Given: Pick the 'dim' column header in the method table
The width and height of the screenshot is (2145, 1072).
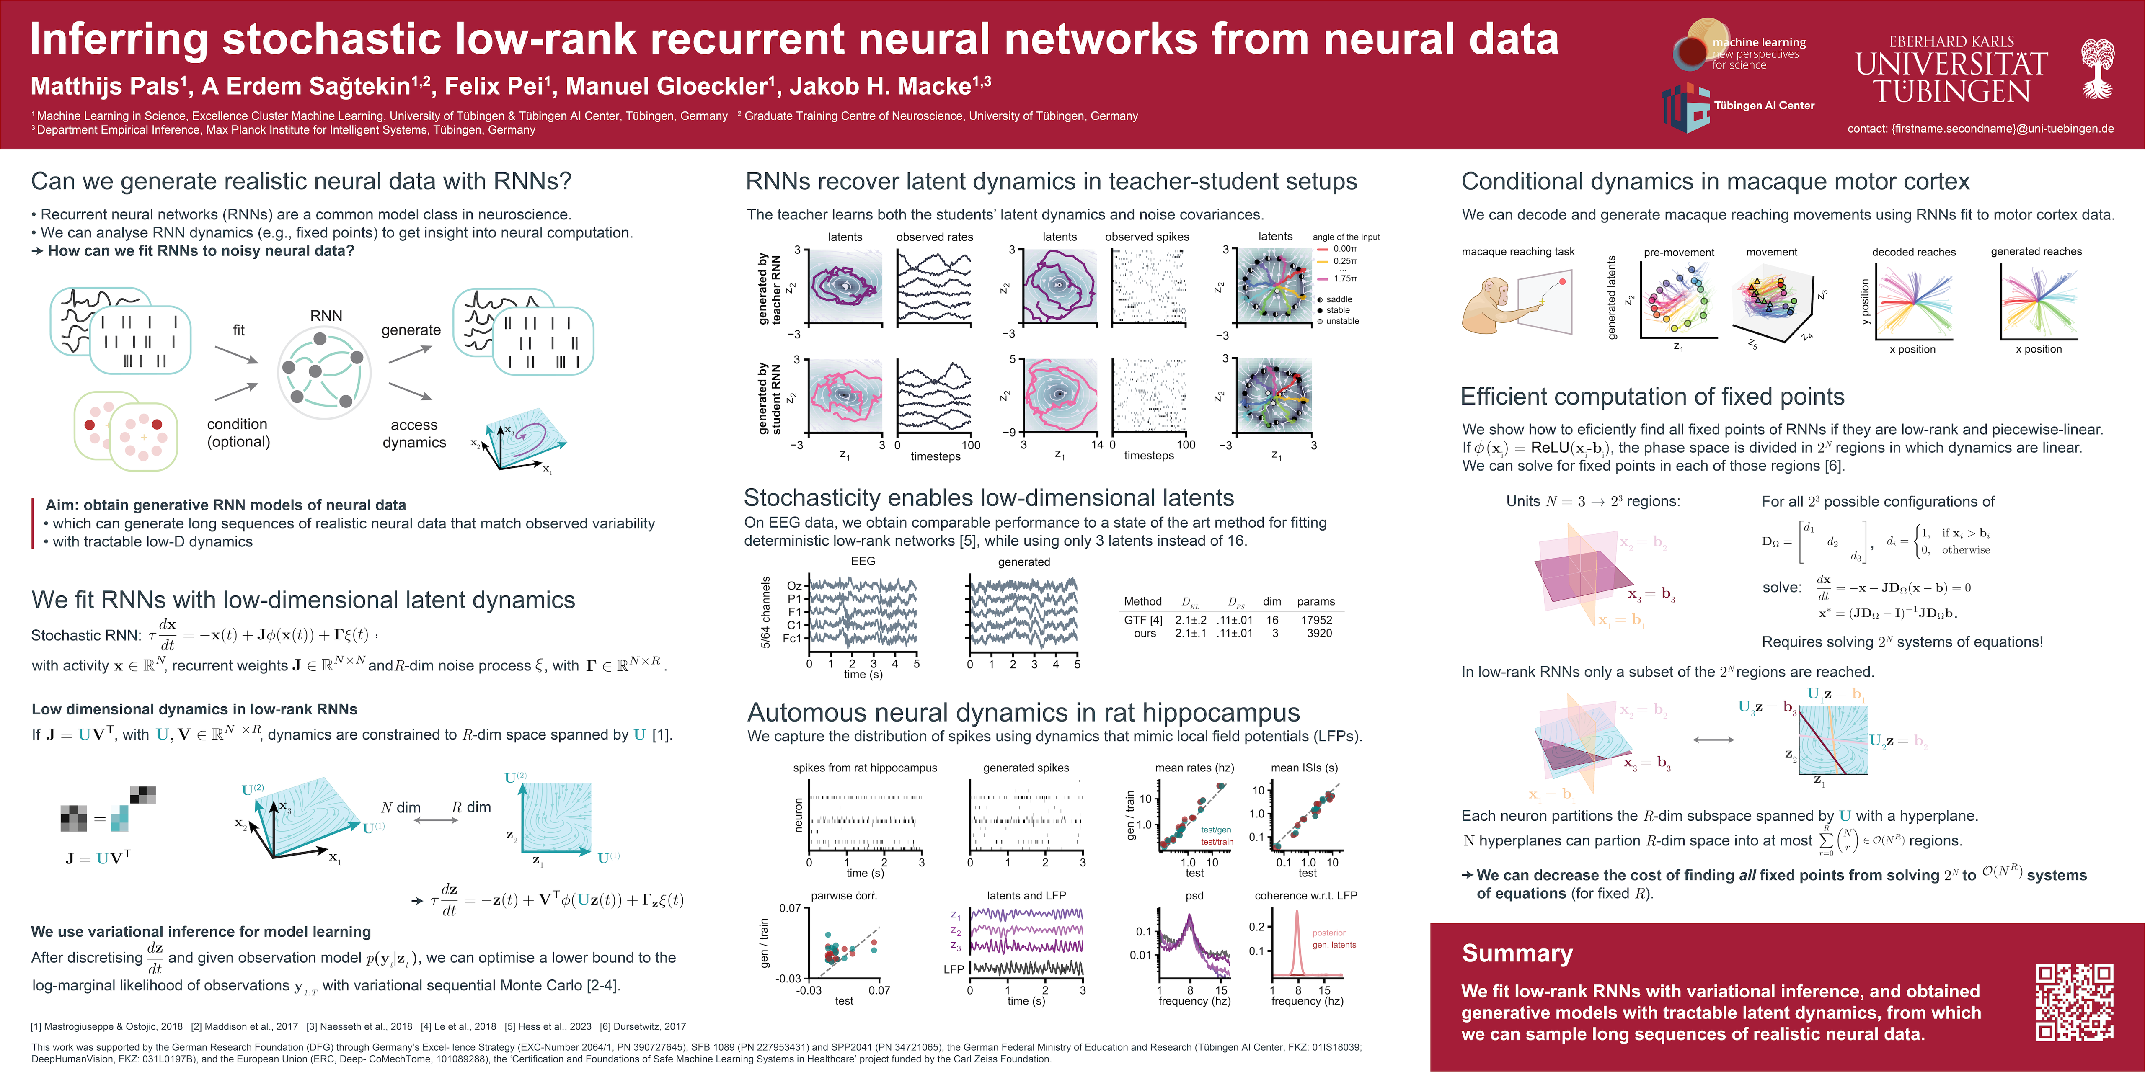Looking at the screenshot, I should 1271,601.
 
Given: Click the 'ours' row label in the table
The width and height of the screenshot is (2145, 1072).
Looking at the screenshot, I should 1145,634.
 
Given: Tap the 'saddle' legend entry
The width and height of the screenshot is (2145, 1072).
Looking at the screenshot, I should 1339,299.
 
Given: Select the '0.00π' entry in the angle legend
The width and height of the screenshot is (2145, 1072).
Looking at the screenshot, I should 1344,249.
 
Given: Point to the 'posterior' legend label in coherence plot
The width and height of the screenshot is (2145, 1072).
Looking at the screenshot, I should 1329,933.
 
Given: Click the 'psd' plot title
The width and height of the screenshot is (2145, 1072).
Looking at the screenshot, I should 1194,896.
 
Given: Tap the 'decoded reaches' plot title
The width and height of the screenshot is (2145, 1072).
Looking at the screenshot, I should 1913,252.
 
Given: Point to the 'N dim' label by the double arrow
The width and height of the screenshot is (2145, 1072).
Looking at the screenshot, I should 401,807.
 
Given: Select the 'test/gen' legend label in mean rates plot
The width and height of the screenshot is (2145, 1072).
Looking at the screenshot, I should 1216,830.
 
